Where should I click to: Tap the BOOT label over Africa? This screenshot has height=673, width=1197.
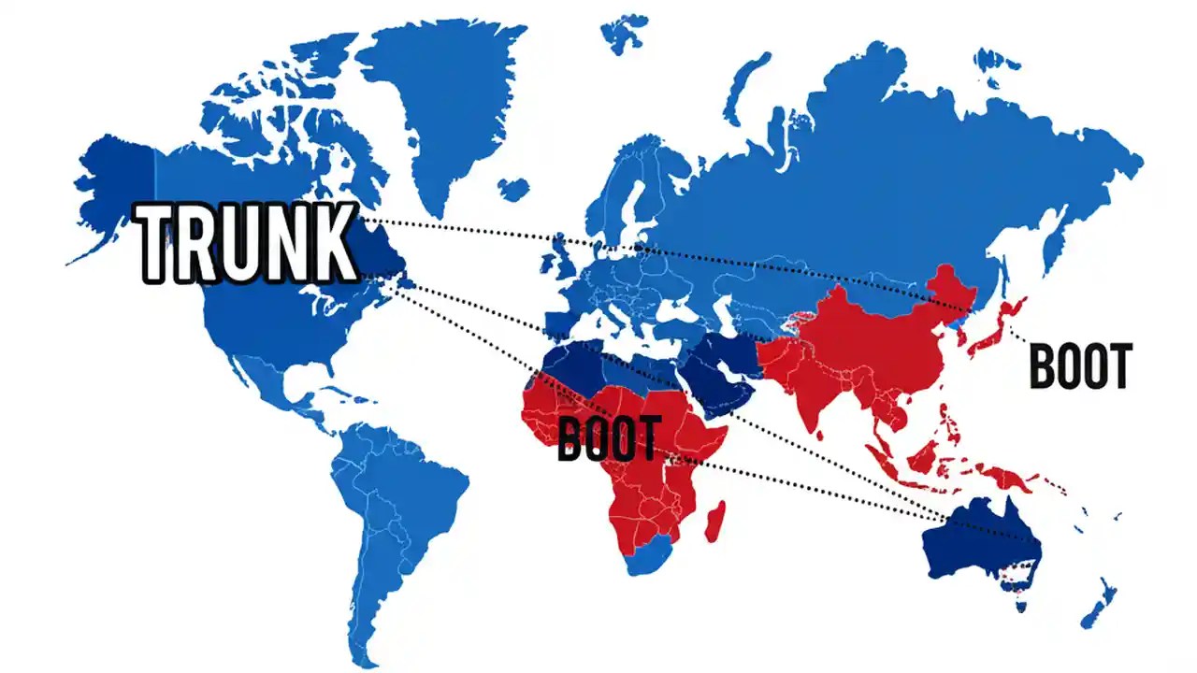(608, 438)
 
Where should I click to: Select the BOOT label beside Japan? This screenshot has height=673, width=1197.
(1080, 365)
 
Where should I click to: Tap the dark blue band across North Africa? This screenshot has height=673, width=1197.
(598, 365)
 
